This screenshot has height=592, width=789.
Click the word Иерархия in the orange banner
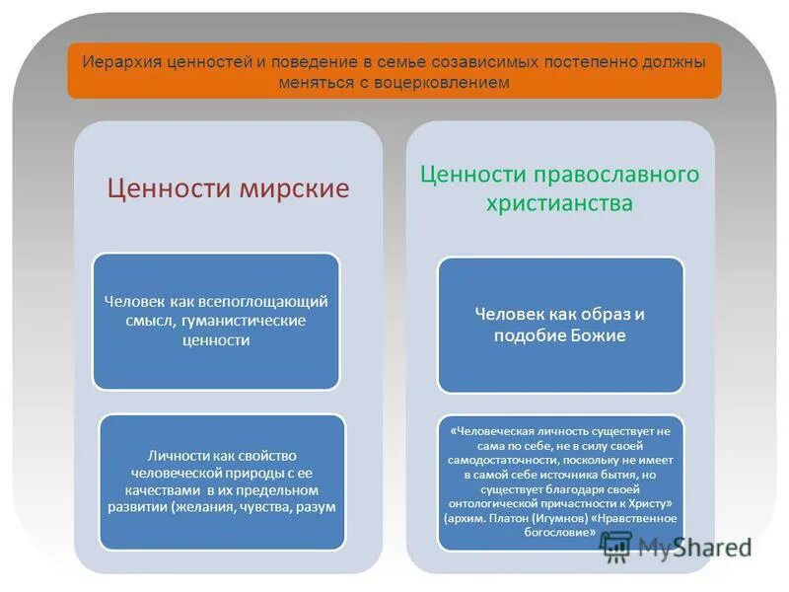tap(112, 62)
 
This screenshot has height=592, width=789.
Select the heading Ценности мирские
tap(228, 188)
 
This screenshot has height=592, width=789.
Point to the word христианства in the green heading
tap(559, 203)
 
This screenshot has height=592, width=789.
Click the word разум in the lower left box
tap(318, 507)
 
